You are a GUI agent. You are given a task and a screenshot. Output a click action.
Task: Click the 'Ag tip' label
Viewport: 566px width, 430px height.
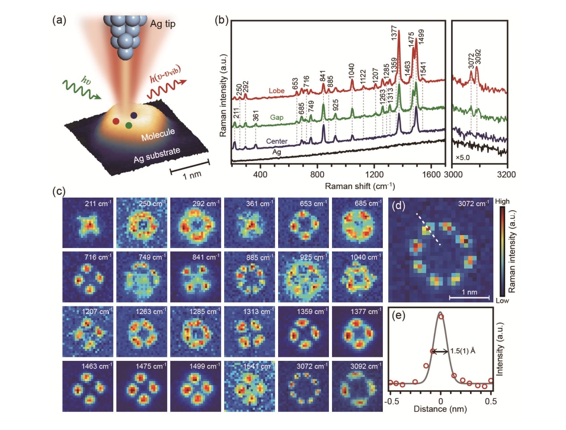click(x=163, y=24)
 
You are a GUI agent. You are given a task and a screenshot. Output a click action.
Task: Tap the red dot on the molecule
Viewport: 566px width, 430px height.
click(x=116, y=121)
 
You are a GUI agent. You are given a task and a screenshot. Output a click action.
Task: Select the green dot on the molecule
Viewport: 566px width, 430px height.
click(x=129, y=125)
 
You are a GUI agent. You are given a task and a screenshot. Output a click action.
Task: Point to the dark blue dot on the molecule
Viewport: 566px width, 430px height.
click(x=134, y=116)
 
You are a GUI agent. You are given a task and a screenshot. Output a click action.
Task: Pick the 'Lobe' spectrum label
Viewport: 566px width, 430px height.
click(x=276, y=91)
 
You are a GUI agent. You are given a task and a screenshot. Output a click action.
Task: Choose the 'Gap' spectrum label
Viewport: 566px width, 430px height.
click(x=276, y=117)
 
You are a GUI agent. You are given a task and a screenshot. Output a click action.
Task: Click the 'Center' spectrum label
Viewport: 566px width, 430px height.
click(x=276, y=141)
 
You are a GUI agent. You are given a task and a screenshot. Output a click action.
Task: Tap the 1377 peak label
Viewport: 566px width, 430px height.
click(x=394, y=33)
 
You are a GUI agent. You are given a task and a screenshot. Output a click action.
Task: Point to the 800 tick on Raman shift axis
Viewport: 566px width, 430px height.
click(x=317, y=174)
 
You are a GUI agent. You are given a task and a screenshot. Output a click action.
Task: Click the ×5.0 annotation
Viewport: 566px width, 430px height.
click(x=463, y=157)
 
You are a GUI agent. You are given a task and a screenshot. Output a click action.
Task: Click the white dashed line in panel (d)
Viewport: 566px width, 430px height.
click(x=429, y=229)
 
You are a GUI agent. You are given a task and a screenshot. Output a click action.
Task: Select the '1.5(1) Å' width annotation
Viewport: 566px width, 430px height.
click(x=463, y=351)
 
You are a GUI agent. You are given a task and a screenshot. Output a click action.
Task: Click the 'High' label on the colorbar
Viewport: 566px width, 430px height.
click(x=502, y=201)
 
